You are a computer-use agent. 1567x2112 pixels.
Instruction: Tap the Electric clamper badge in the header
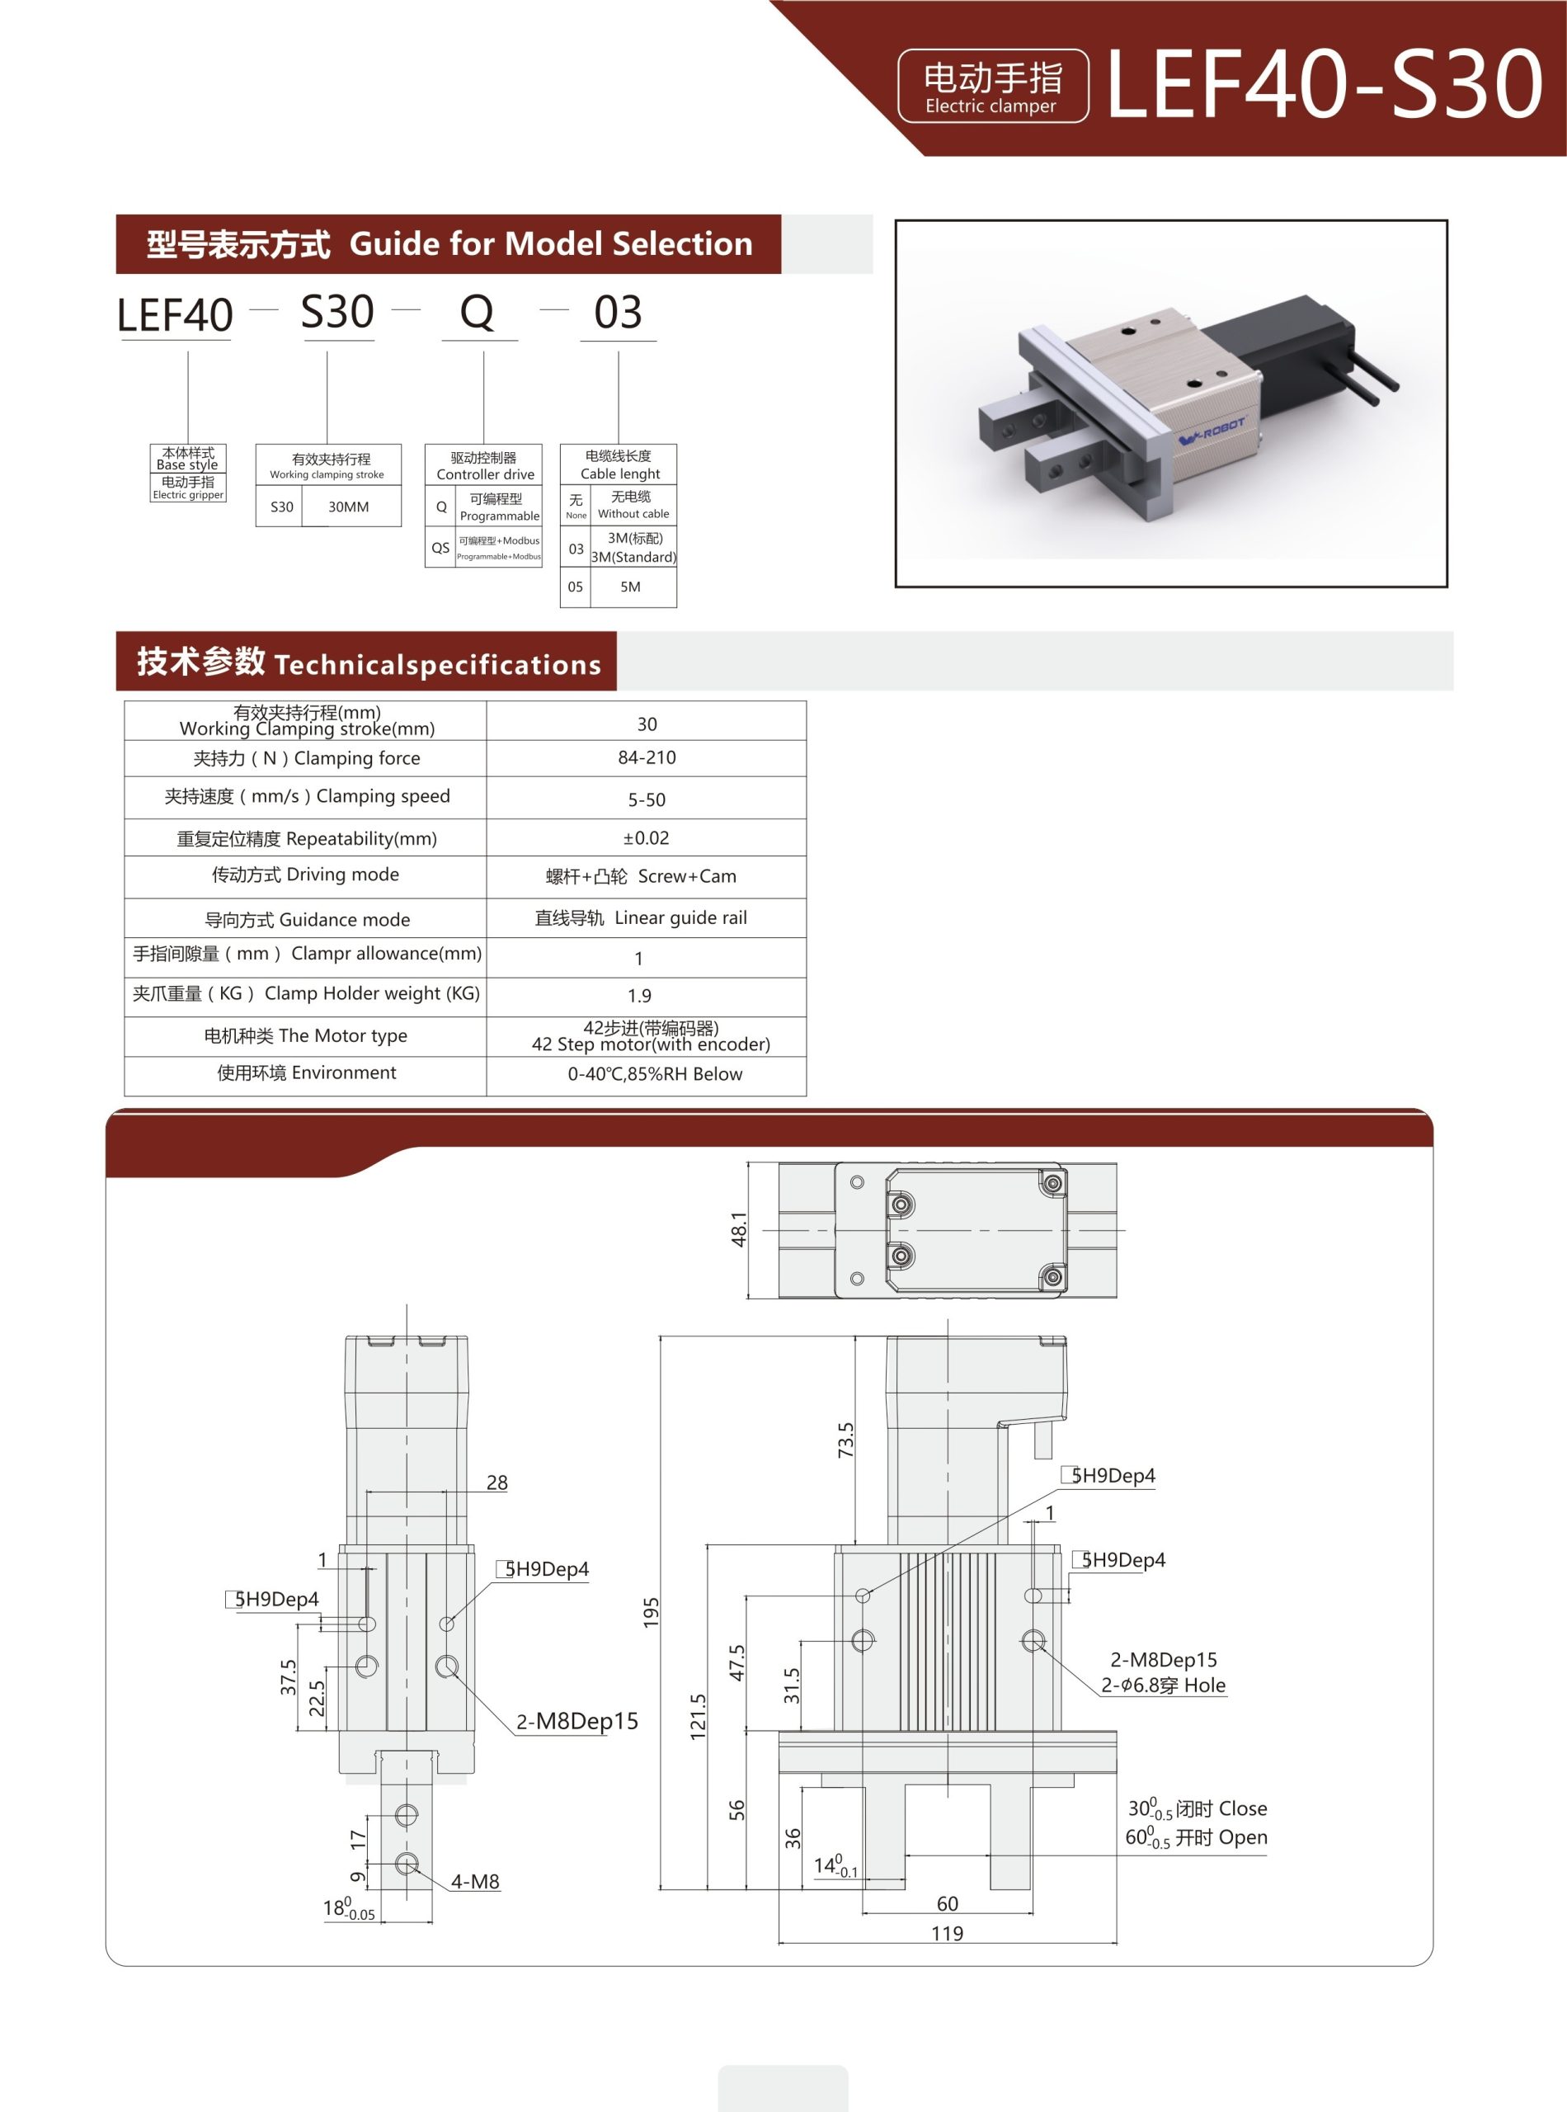click(x=992, y=87)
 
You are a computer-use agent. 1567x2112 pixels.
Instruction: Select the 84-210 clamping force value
click(x=646, y=757)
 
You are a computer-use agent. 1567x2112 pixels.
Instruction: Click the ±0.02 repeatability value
click(x=646, y=837)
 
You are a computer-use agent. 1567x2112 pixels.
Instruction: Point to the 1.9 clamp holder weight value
click(x=639, y=995)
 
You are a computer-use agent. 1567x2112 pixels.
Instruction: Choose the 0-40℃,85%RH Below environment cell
click(x=655, y=1074)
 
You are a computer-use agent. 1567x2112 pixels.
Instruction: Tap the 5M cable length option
click(x=630, y=587)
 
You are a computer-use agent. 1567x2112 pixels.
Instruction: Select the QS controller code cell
click(x=440, y=549)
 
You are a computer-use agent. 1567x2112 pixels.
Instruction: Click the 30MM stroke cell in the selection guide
click(x=348, y=507)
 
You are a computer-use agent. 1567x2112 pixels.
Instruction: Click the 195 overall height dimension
click(x=651, y=1613)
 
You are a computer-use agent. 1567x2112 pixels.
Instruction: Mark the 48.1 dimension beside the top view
click(x=739, y=1228)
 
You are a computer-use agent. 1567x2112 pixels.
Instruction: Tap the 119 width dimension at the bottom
click(x=947, y=1934)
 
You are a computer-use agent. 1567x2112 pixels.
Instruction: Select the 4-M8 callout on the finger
click(x=474, y=1882)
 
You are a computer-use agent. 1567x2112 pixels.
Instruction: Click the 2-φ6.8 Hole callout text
click(x=1163, y=1685)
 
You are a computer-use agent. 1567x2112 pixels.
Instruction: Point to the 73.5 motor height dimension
click(x=845, y=1440)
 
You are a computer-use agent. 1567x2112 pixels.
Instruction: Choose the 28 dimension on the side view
click(x=496, y=1482)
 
